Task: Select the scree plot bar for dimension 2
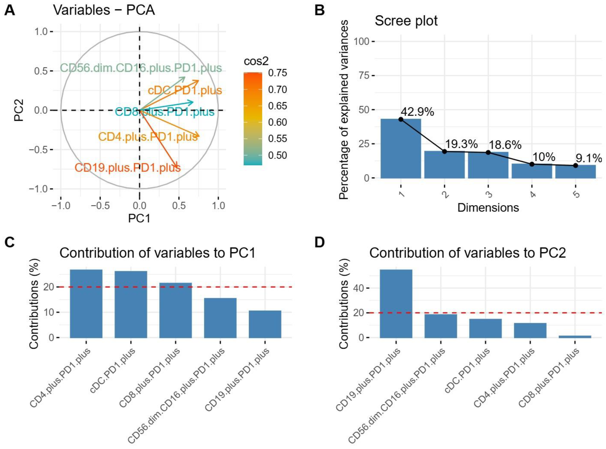click(x=444, y=165)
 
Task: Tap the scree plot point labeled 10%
click(x=532, y=164)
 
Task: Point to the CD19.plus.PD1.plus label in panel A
click(x=128, y=168)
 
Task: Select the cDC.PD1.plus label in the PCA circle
click(x=185, y=91)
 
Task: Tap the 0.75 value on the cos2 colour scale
click(x=277, y=73)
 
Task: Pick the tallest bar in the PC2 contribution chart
click(x=396, y=304)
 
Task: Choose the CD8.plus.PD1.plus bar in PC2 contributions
click(x=575, y=336)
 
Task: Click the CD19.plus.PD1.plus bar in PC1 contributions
click(x=265, y=324)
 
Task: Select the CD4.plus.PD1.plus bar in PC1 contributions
click(x=86, y=304)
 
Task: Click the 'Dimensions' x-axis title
click(x=488, y=208)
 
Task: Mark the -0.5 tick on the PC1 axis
click(x=100, y=206)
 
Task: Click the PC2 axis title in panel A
click(x=19, y=110)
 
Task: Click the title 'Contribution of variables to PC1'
click(x=157, y=253)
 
